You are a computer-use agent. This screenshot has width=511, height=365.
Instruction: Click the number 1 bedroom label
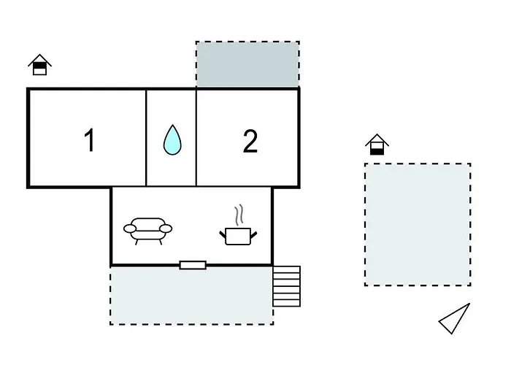[x=90, y=140]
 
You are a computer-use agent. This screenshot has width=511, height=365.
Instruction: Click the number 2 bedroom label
[x=250, y=141]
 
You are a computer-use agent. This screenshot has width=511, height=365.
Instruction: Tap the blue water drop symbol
[x=172, y=139]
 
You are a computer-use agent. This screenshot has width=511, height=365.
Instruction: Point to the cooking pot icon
[x=238, y=235]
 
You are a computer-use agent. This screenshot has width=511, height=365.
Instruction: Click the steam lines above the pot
[x=239, y=216]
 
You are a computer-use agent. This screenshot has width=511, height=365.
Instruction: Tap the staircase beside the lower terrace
[x=286, y=286]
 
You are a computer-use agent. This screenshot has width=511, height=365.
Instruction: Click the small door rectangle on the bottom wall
[x=193, y=265]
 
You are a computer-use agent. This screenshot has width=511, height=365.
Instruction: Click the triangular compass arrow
[x=455, y=319]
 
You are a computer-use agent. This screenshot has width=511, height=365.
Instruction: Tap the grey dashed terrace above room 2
[x=247, y=64]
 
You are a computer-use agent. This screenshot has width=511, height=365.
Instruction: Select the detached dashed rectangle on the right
[x=418, y=224]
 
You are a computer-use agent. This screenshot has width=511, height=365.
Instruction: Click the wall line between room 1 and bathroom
[x=147, y=137]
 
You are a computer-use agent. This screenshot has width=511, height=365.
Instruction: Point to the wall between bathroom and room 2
[x=196, y=137]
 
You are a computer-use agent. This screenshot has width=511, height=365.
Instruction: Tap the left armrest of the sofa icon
[x=130, y=228]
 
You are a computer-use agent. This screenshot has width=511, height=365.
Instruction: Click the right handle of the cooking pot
[x=254, y=233]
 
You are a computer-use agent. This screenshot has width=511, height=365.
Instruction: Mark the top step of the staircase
[x=286, y=269]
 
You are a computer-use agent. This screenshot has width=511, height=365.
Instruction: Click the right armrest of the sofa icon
[x=166, y=228]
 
